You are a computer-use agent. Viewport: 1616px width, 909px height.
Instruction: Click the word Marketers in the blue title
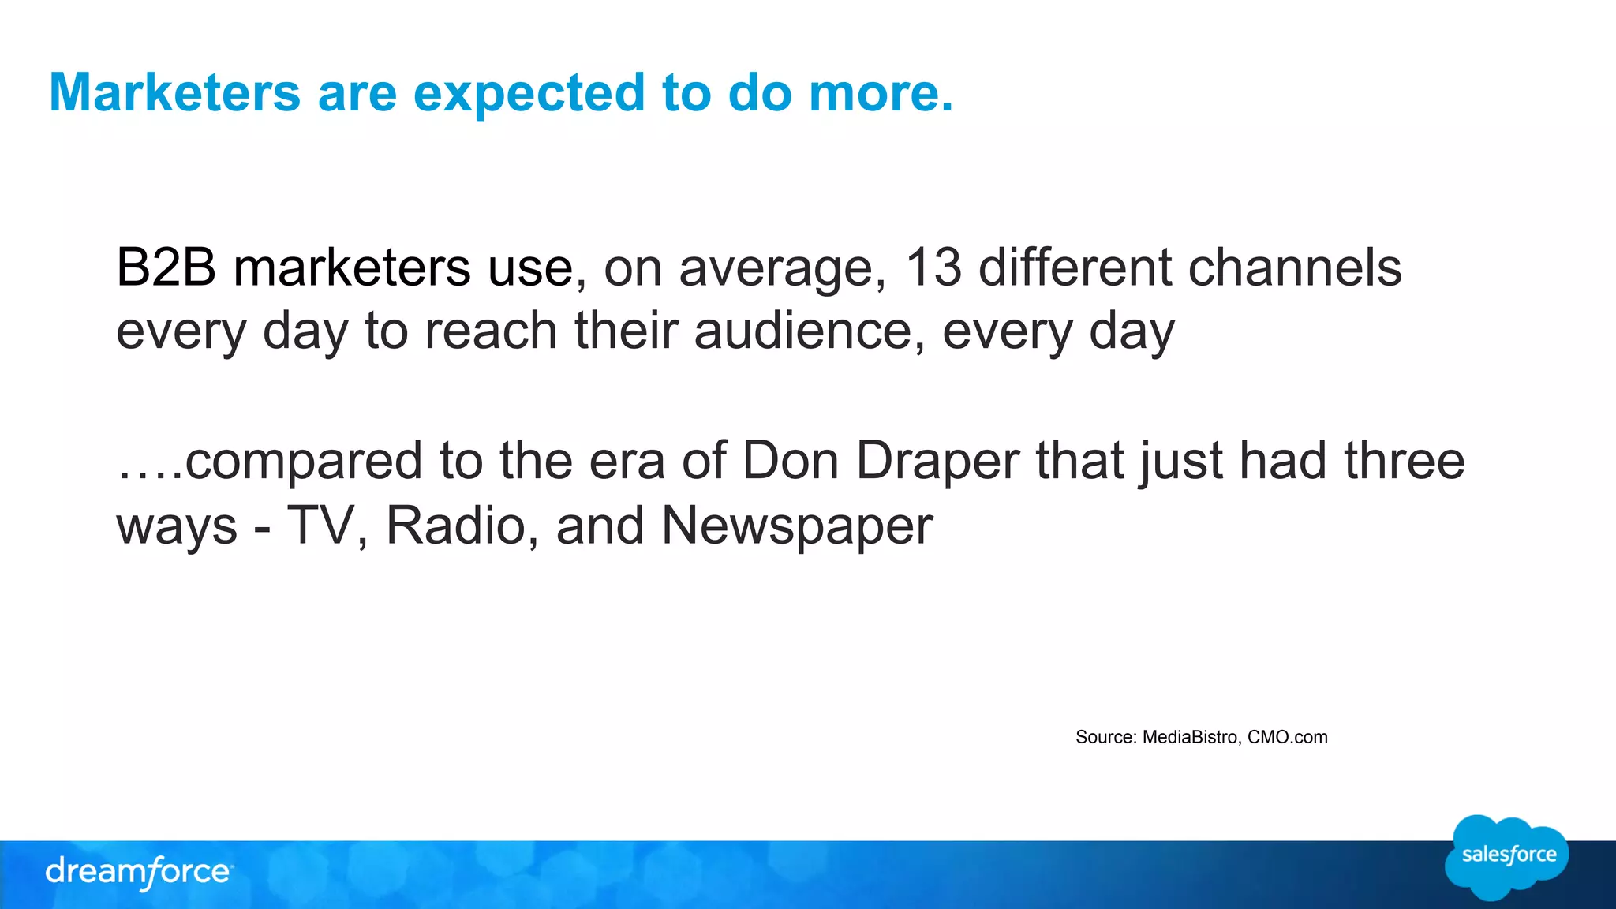pyautogui.click(x=174, y=93)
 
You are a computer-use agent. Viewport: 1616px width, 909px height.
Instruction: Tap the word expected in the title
pyautogui.click(x=529, y=93)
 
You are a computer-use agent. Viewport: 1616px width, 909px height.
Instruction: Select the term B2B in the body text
pyautogui.click(x=166, y=267)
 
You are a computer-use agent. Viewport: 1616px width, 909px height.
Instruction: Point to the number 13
pyautogui.click(x=933, y=267)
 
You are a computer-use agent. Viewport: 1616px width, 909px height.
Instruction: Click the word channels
pyautogui.click(x=1294, y=267)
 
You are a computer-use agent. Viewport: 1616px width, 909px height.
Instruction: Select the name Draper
pyautogui.click(x=937, y=462)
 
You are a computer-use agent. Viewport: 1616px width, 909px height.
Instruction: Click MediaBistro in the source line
pyautogui.click(x=1190, y=737)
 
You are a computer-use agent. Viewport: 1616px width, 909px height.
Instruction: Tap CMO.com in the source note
pyautogui.click(x=1287, y=737)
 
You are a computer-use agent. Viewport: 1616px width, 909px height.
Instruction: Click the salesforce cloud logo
pyautogui.click(x=1507, y=856)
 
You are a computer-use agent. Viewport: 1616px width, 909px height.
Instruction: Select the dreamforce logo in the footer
pyautogui.click(x=139, y=872)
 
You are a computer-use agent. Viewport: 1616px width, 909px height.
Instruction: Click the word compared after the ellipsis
pyautogui.click(x=304, y=462)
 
